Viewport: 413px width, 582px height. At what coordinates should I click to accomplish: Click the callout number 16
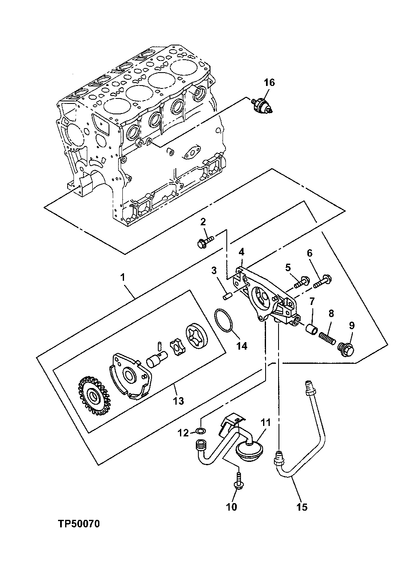tap(269, 82)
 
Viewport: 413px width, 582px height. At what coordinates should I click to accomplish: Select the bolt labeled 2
tap(204, 241)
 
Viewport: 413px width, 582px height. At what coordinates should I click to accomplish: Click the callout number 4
tap(241, 252)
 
